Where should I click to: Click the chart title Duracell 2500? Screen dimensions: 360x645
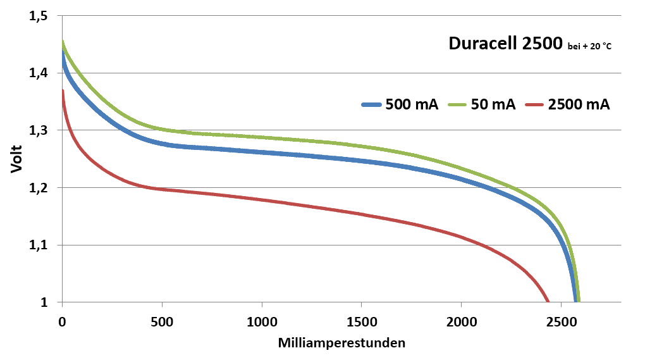pyautogui.click(x=505, y=44)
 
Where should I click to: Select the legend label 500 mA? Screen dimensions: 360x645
pyautogui.click(x=412, y=106)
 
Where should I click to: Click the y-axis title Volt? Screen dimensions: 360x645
pyautogui.click(x=16, y=159)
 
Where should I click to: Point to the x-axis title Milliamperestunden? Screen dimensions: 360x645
pyautogui.click(x=341, y=343)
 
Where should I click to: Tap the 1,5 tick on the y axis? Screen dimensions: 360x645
pyautogui.click(x=39, y=16)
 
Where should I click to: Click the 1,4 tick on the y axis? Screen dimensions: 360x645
pyautogui.click(x=39, y=73)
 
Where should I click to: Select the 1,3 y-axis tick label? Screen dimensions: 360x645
pyautogui.click(x=39, y=130)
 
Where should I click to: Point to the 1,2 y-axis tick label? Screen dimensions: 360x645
pyautogui.click(x=39, y=188)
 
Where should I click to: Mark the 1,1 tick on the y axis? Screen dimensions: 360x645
pyautogui.click(x=39, y=245)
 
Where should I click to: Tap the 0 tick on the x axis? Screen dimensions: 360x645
pyautogui.click(x=62, y=321)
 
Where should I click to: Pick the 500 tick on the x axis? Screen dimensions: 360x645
pyautogui.click(x=162, y=321)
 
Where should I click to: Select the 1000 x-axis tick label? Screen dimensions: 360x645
pyautogui.click(x=262, y=321)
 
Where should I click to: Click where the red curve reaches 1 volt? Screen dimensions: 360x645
pyautogui.click(x=548, y=302)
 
